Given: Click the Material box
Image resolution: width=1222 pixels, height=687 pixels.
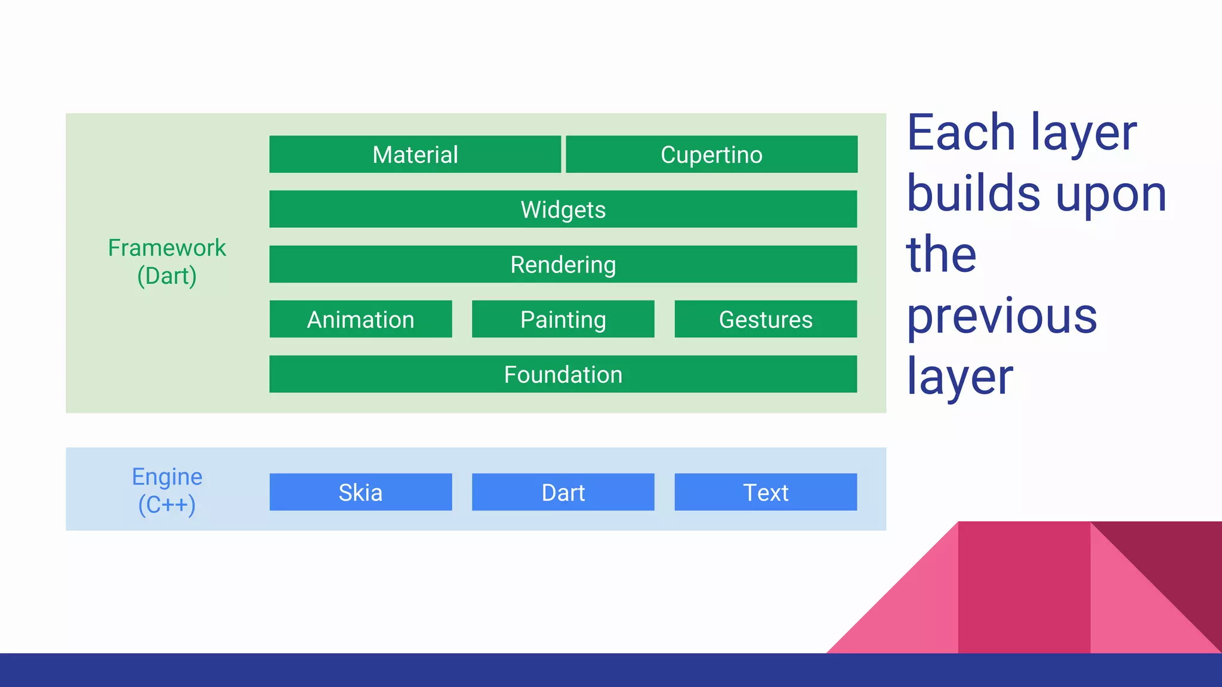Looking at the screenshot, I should [x=415, y=154].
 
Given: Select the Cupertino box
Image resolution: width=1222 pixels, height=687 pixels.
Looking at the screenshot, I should [x=711, y=154].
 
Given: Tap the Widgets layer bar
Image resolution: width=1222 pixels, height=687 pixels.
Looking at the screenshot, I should [x=563, y=209].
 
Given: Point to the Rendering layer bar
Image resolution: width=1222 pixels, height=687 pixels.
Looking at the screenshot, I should [x=563, y=264].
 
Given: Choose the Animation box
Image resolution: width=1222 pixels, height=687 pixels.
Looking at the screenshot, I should [x=360, y=319].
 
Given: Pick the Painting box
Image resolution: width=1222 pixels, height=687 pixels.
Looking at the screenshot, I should [x=563, y=319].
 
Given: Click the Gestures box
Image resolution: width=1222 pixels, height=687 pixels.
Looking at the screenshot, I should [x=766, y=319].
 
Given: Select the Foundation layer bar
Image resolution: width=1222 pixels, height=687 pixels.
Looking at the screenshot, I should [x=563, y=374].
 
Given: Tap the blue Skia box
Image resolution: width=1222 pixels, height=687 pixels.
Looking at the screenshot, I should [x=360, y=492].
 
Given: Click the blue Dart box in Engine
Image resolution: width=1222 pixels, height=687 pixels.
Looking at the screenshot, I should [x=563, y=492].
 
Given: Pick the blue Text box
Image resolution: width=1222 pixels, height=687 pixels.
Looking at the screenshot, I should [x=766, y=492].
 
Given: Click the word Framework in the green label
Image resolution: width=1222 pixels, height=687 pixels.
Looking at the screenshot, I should [x=166, y=247].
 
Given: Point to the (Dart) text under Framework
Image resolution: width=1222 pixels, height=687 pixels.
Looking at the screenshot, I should [x=166, y=276].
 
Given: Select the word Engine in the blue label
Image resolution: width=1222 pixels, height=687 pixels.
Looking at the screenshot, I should [x=166, y=476].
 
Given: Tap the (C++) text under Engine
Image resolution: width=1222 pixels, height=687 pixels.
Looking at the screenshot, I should [x=166, y=505].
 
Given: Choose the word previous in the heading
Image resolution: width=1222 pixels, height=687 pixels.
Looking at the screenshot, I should [x=1002, y=317].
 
